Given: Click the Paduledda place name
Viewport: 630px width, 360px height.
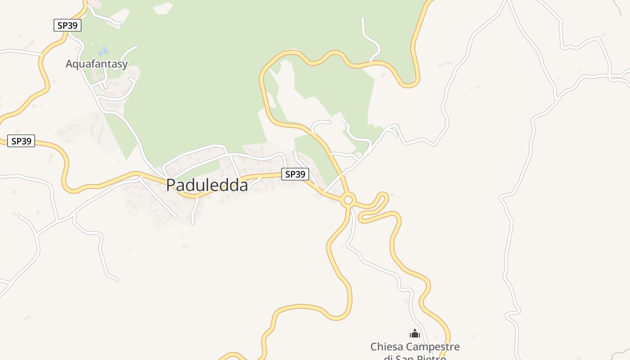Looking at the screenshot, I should coord(207,185).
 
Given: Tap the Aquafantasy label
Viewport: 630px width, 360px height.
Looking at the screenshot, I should coord(97,64).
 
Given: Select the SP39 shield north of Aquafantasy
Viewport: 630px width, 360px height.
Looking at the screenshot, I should coord(67,25).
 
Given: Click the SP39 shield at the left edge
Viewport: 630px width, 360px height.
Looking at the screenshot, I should coord(21,141).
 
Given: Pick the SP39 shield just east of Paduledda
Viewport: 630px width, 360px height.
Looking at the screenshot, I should coord(295,174).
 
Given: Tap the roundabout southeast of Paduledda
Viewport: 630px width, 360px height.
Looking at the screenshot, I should coord(348,199).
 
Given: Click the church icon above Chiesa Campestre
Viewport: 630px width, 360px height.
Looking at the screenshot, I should coord(414,334).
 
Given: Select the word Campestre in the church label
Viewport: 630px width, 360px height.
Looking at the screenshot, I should coord(433,347).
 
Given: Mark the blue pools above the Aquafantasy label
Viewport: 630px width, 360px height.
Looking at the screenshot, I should coord(104,50).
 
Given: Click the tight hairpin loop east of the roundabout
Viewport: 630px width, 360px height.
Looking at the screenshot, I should coord(383,198).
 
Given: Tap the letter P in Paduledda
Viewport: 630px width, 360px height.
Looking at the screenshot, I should coord(171,185).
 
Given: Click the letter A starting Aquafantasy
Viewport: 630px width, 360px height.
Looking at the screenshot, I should coord(69,64).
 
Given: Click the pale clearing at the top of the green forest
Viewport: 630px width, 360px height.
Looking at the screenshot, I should coord(162,8).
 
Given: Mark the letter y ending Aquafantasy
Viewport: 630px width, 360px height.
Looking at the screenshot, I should coord(125,65).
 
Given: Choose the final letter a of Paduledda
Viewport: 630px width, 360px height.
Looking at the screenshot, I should coord(243,185).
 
